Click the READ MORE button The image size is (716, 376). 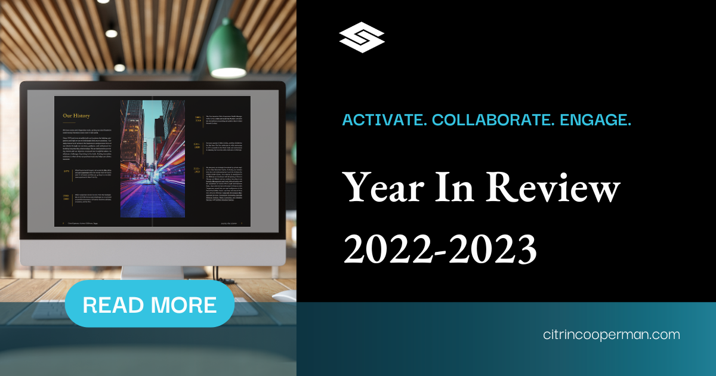click(x=149, y=304)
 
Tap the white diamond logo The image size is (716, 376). click(x=362, y=37)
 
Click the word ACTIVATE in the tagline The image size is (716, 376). click(x=384, y=119)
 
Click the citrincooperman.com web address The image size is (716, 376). click(x=612, y=335)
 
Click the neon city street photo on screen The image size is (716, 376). click(x=153, y=158)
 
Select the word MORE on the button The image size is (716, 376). click(x=183, y=305)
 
